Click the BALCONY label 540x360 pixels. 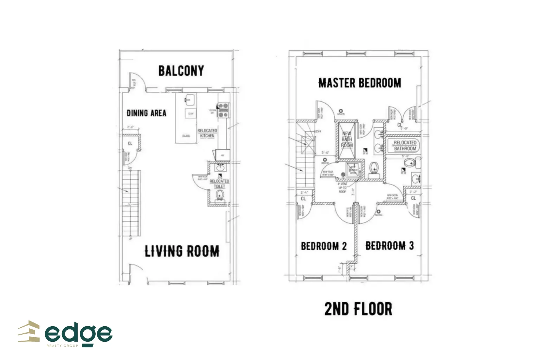tap(181, 71)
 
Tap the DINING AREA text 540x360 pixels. tap(146, 113)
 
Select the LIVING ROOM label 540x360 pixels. tap(182, 251)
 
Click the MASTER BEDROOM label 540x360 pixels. tap(359, 83)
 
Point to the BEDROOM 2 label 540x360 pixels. tap(323, 246)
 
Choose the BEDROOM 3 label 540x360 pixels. tap(389, 245)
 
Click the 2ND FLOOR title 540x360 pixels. tap(358, 309)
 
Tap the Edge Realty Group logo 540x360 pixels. tap(65, 334)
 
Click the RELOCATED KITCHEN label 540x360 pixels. tap(207, 133)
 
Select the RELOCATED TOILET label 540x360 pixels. tap(219, 184)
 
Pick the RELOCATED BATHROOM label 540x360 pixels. tap(405, 146)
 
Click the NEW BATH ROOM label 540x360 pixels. tap(347, 139)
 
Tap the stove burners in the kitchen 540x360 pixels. tap(223, 110)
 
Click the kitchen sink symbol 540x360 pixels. tap(189, 99)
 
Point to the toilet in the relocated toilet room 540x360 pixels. tap(220, 195)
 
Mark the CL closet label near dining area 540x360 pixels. tap(130, 143)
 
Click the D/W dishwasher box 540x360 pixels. tap(191, 114)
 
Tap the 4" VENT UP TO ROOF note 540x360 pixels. tap(342, 188)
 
